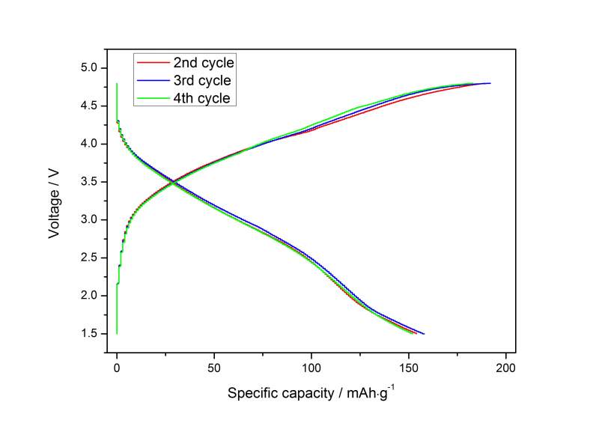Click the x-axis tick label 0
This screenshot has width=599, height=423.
(117, 368)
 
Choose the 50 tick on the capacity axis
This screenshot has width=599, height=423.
(214, 368)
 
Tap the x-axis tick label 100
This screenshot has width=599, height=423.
(311, 368)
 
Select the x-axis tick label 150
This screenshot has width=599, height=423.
(409, 368)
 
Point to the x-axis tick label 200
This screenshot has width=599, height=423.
(506, 368)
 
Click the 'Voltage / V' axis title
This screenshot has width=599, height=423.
(54, 201)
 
